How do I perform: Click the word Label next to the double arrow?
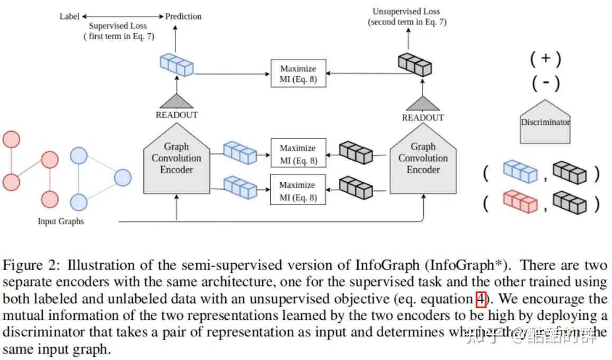pos(69,16)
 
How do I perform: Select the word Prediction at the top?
pos(183,16)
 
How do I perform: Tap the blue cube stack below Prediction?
pos(176,66)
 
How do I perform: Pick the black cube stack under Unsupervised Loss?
pos(414,65)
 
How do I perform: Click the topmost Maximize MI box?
pos(298,73)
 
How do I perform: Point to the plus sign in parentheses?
pos(545,59)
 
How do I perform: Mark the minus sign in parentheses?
pos(545,83)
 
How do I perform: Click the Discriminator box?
pos(545,123)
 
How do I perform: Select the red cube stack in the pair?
pos(520,202)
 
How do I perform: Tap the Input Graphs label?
pos(61,221)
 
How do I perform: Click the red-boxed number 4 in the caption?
pos(481,299)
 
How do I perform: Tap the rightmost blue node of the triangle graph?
pos(123,178)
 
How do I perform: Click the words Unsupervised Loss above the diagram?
pos(406,11)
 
